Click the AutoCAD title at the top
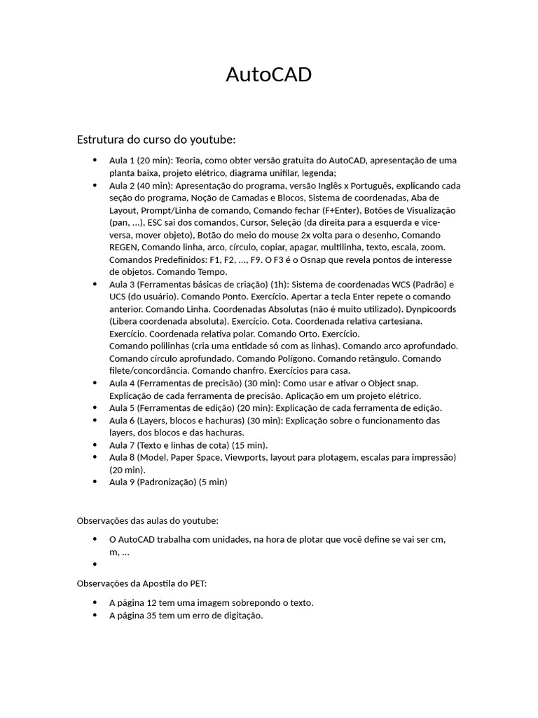268,75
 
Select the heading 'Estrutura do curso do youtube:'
156,140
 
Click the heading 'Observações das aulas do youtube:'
147,520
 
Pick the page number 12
158,603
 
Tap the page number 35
158,616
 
